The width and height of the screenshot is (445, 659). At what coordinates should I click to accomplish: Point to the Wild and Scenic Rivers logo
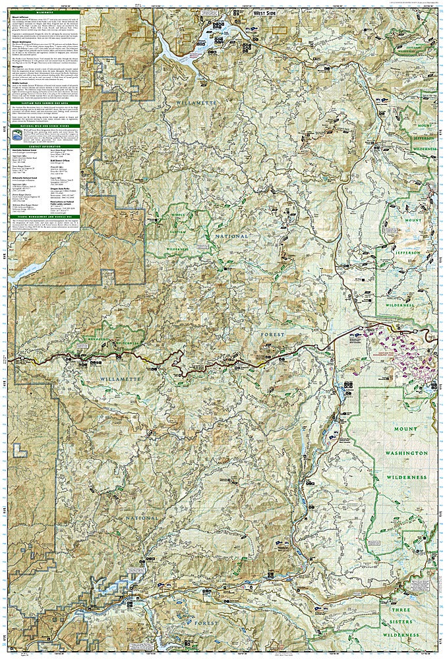tap(17, 136)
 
